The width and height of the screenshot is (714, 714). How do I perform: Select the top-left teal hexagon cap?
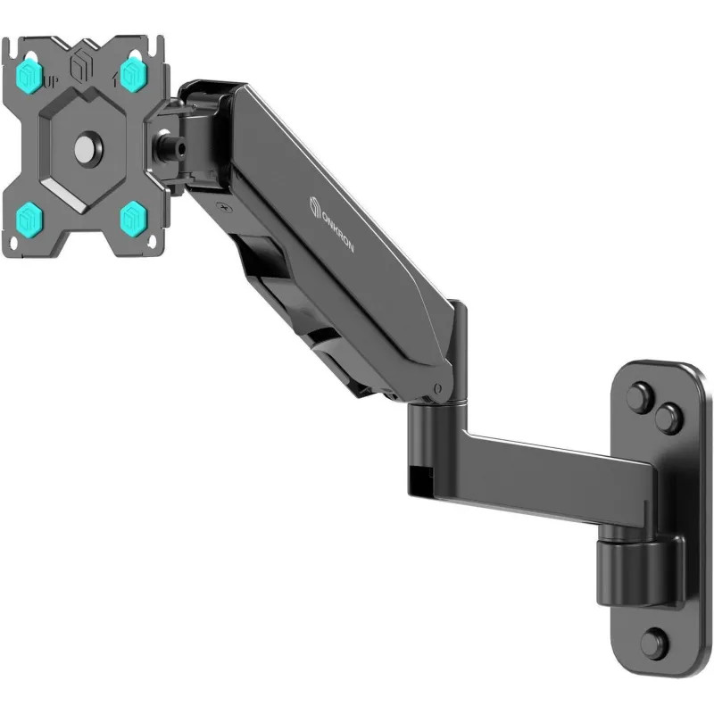point(29,76)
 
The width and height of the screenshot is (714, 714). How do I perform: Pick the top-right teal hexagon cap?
point(133,74)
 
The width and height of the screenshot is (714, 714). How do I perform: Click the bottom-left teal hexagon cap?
point(29,217)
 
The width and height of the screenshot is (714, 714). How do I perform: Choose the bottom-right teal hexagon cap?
point(133,217)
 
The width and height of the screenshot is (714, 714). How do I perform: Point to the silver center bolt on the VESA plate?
point(87,148)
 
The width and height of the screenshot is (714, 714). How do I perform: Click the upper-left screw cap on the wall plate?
point(639,397)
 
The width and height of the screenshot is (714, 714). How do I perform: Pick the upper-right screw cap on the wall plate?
point(668,418)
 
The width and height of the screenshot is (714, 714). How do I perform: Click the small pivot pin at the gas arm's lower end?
point(436,387)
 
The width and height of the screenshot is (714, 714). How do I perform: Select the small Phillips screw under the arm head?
point(226,208)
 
